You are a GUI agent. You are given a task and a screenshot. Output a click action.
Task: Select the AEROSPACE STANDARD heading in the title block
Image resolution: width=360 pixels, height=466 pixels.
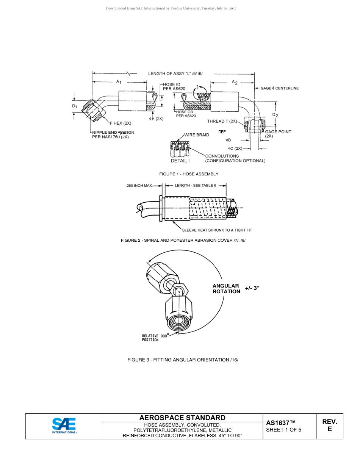pos(182,418)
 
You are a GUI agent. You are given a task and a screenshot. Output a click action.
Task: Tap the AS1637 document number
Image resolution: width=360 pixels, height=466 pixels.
pos(280,423)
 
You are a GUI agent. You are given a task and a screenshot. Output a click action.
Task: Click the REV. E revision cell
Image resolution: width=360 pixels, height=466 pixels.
pos(330,425)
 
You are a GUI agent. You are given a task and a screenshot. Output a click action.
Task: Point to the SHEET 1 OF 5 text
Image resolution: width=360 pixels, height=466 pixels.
pos(284,430)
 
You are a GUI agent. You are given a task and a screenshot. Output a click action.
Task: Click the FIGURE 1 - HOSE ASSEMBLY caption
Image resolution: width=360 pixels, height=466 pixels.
pos(189,174)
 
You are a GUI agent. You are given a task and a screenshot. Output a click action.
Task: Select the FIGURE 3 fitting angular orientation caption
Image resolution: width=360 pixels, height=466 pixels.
pos(183,360)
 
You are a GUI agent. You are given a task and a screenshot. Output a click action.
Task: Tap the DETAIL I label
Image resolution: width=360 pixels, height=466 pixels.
pos(180,161)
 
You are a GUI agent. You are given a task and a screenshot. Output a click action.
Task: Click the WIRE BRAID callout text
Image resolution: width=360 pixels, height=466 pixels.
pos(197,135)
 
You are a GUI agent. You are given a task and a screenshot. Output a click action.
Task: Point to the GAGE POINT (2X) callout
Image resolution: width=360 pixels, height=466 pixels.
pos(278,134)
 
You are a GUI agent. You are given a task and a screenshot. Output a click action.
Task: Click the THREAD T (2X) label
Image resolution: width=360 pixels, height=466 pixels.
pos(222,121)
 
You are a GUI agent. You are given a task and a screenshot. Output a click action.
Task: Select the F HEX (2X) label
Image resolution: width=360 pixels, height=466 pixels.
pos(121,123)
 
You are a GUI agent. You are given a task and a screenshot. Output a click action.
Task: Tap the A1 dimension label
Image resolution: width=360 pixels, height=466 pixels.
pos(119,81)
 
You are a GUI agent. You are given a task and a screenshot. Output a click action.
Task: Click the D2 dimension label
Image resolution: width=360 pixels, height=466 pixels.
pos(275,115)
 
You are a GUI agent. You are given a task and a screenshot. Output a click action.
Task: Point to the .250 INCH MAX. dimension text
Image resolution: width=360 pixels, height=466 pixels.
pos(139,186)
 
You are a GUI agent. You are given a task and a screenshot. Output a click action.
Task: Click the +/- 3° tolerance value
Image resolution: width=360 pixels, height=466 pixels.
pos(252,288)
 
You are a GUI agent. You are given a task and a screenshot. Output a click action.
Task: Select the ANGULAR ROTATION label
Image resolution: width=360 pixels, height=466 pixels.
pos(226,289)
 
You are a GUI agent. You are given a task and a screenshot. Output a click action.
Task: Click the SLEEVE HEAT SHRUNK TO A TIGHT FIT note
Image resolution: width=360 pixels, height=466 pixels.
pos(217,230)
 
